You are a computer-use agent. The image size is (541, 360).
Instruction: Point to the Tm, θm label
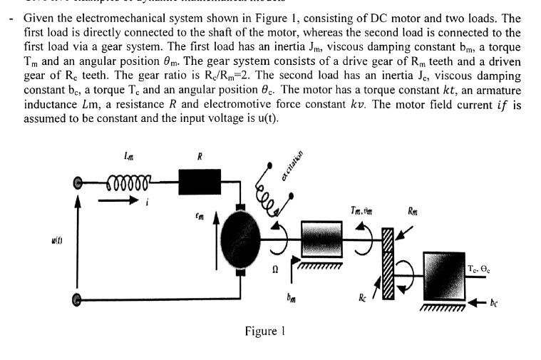point(362,210)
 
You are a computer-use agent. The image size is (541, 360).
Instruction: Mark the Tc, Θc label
point(481,268)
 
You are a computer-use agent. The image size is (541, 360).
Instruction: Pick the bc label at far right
point(495,303)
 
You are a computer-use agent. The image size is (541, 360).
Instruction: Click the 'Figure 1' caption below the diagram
point(264,331)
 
